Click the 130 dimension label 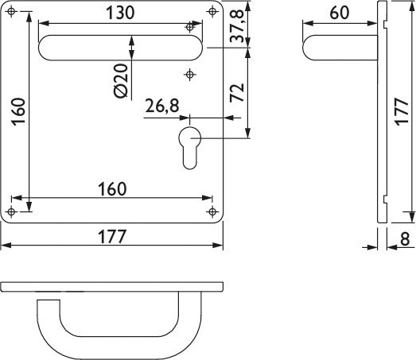[120, 13]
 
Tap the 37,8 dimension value [237, 25]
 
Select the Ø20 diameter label [121, 80]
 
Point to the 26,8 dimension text [162, 106]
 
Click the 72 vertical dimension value [237, 92]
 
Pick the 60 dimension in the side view [340, 13]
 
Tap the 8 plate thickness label [405, 239]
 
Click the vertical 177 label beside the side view [402, 111]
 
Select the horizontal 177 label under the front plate [112, 237]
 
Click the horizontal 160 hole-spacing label [112, 189]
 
